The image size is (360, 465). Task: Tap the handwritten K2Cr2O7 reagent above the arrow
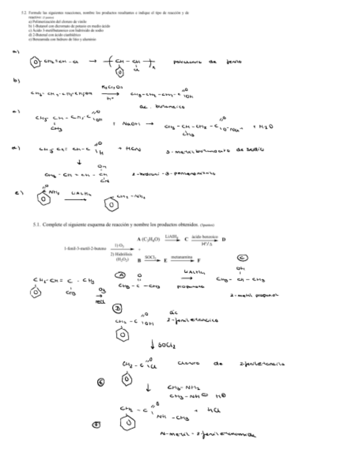pyautogui.click(x=111, y=87)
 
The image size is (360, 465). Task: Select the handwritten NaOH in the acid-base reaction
pyautogui.click(x=134, y=124)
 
